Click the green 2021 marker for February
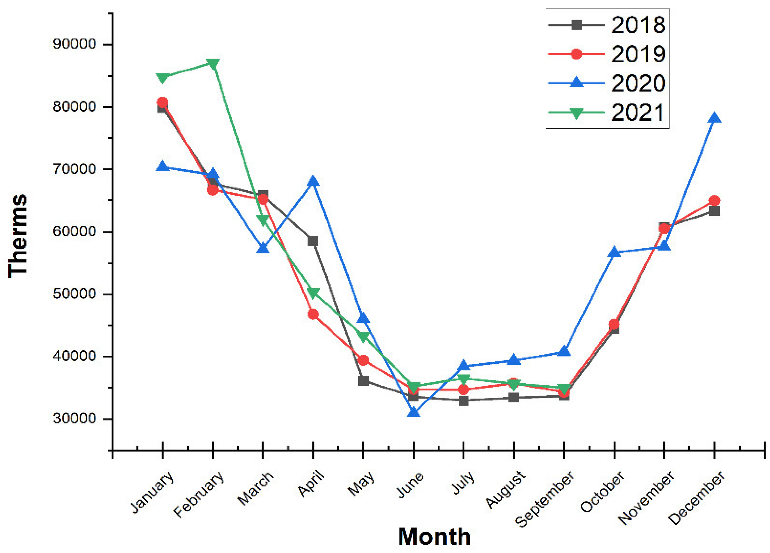click(x=213, y=64)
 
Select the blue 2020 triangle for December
click(x=714, y=118)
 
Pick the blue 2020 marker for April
click(x=313, y=181)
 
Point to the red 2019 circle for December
click(x=714, y=200)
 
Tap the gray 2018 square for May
click(x=363, y=381)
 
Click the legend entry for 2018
click(x=638, y=25)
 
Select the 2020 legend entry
click(x=638, y=83)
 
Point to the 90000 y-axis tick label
click(x=75, y=44)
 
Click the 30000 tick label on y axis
click(x=75, y=419)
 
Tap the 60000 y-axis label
click(x=75, y=232)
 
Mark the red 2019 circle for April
click(x=313, y=314)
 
